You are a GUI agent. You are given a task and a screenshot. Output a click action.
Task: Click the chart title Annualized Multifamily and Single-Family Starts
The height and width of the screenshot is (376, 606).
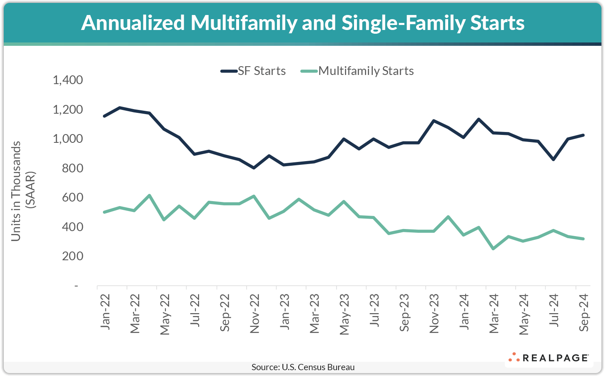pos(303,23)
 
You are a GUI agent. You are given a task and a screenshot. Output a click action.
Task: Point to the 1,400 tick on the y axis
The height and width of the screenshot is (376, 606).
pos(67,80)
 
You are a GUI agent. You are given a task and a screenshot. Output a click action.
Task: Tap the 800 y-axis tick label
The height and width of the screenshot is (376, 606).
pos(72,168)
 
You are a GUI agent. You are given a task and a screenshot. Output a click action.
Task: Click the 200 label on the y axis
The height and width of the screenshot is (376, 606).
pos(72,256)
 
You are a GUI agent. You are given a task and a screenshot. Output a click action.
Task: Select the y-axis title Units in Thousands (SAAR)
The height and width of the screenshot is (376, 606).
pos(23,191)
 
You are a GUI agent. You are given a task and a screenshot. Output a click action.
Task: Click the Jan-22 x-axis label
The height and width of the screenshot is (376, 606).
pos(105,312)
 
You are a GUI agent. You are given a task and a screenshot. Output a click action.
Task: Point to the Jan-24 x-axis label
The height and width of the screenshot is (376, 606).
pos(464,312)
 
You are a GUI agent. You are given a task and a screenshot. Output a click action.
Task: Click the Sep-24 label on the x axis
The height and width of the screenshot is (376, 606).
pos(584,313)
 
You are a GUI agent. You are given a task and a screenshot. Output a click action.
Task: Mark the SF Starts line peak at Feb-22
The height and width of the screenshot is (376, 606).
pos(120,108)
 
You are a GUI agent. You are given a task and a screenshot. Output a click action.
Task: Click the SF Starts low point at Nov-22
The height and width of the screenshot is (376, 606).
pos(254,168)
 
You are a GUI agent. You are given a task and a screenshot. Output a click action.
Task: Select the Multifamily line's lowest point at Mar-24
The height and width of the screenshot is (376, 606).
pos(494,249)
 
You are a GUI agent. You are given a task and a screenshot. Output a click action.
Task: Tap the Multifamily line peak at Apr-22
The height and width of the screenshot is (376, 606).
pos(149,195)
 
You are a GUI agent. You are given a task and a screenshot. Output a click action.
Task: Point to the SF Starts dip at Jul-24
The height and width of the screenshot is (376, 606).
pos(553,159)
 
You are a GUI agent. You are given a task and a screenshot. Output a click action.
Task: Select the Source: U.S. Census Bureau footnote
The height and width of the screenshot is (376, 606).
pos(303,367)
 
